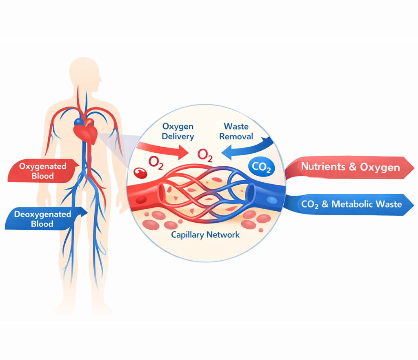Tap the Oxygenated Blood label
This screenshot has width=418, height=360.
tap(43, 171)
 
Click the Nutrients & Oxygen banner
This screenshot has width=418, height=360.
tap(350, 167)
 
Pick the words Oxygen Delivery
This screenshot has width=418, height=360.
tap(178, 131)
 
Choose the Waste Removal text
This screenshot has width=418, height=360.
tap(236, 131)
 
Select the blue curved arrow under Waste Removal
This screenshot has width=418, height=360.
tap(249, 150)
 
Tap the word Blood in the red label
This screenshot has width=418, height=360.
tap(42, 176)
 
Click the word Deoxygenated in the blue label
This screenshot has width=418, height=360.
tap(42, 214)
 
